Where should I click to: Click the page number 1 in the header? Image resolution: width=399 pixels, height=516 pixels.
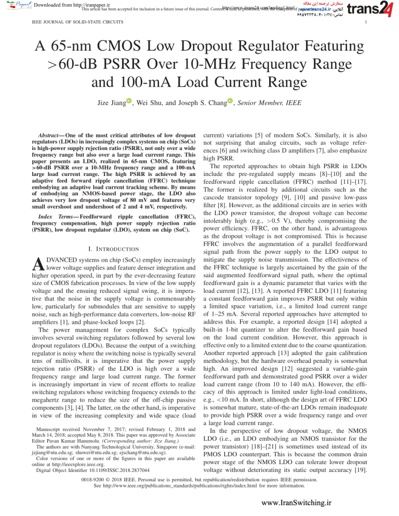(367, 23)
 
